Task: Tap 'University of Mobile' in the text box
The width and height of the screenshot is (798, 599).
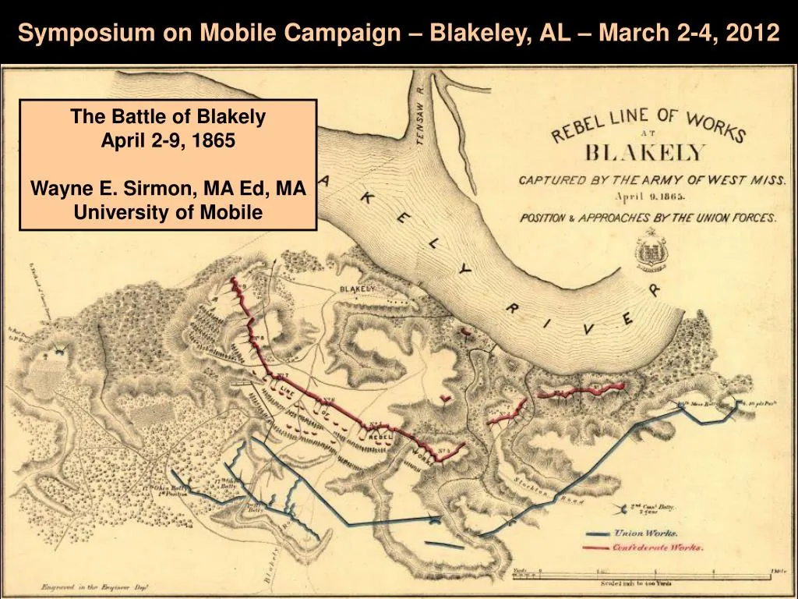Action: click(x=168, y=212)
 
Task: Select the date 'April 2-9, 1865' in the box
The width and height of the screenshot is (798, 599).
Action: click(x=168, y=141)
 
